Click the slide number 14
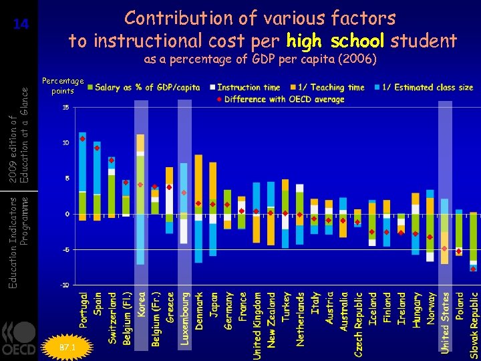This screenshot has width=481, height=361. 21,25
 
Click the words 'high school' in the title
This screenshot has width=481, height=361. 335,41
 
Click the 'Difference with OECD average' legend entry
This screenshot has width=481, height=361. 284,99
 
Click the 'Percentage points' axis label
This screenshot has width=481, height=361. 63,86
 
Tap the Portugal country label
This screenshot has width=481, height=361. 84,309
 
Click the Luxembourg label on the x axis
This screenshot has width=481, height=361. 186,318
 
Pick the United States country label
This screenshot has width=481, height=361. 445,323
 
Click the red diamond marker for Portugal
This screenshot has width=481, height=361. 82,138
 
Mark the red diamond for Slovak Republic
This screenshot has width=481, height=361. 473,269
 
